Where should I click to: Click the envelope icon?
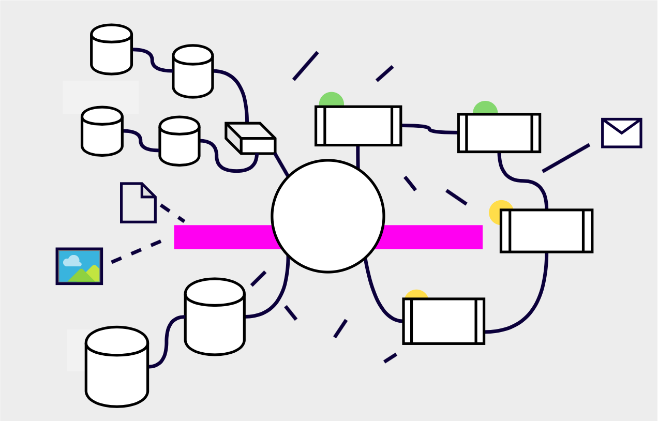click(x=621, y=133)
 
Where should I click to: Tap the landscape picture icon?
click(x=79, y=266)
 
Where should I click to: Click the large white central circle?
click(x=327, y=216)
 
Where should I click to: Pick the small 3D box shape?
click(x=251, y=139)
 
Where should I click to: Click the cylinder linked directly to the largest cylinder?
click(x=215, y=317)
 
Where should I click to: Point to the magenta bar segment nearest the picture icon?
click(x=222, y=237)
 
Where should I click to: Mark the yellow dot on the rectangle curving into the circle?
click(x=416, y=294)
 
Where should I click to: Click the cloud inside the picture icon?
click(x=72, y=261)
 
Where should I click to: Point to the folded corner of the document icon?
click(x=149, y=190)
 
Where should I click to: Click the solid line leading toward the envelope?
click(x=566, y=158)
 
